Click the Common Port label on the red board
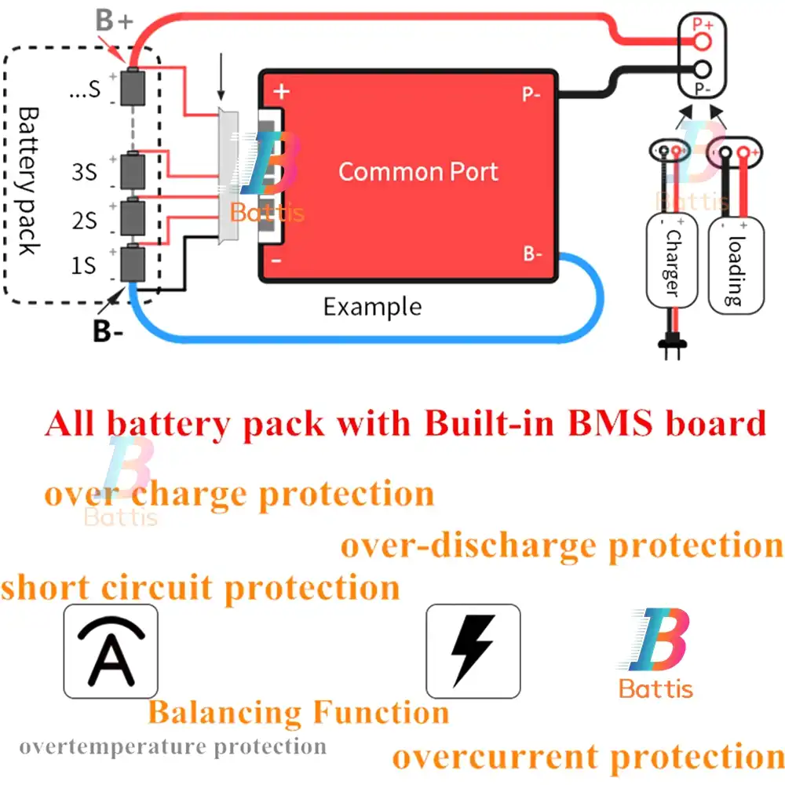[418, 172]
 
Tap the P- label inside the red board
[531, 95]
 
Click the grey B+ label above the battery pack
[115, 21]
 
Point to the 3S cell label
[84, 172]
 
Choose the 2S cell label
[84, 221]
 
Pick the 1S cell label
[84, 266]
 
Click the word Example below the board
[372, 306]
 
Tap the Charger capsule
[671, 263]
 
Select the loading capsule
[736, 266]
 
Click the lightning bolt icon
[473, 651]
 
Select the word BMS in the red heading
[610, 424]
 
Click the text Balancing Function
[298, 713]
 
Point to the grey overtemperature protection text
[173, 746]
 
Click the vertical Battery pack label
[27, 181]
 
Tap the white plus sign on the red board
[281, 91]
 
